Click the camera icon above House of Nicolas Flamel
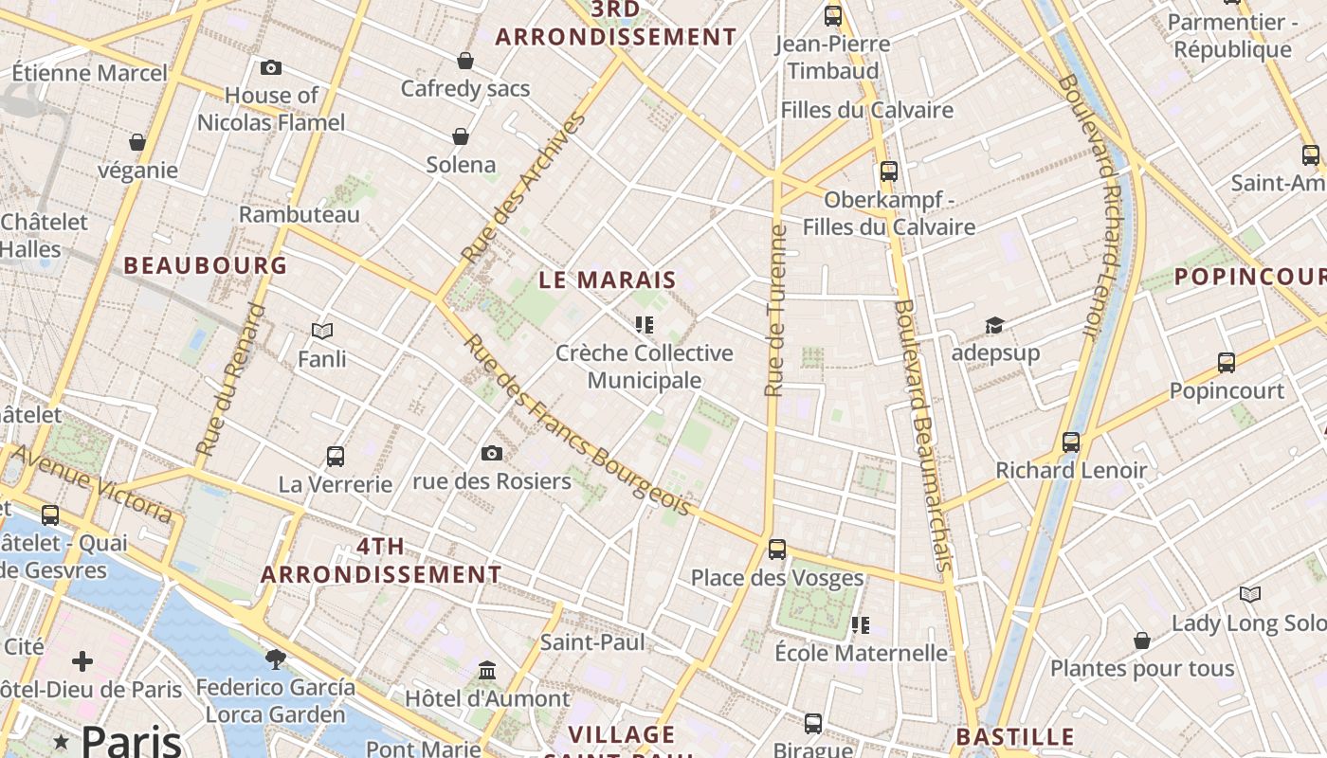pyautogui.click(x=271, y=67)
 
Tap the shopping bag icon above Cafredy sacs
pyautogui.click(x=465, y=61)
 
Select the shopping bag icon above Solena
pyautogui.click(x=461, y=136)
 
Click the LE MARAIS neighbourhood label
pyautogui.click(x=608, y=280)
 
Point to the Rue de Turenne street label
pyautogui.click(x=776, y=311)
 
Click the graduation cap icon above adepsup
pyautogui.click(x=994, y=325)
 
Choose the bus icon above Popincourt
pyautogui.click(x=1227, y=362)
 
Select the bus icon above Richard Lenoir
pyautogui.click(x=1071, y=442)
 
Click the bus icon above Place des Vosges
pyautogui.click(x=777, y=549)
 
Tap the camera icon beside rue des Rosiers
pyautogui.click(x=491, y=453)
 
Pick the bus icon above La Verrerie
pyautogui.click(x=335, y=456)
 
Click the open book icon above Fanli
pyautogui.click(x=322, y=331)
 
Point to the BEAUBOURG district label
pyautogui.click(x=206, y=265)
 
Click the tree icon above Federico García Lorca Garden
pyautogui.click(x=276, y=659)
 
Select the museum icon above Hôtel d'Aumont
pyautogui.click(x=487, y=670)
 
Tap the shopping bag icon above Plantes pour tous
pyautogui.click(x=1142, y=641)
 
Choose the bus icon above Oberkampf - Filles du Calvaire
pyautogui.click(x=889, y=171)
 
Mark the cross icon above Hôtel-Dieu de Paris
pyautogui.click(x=82, y=660)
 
